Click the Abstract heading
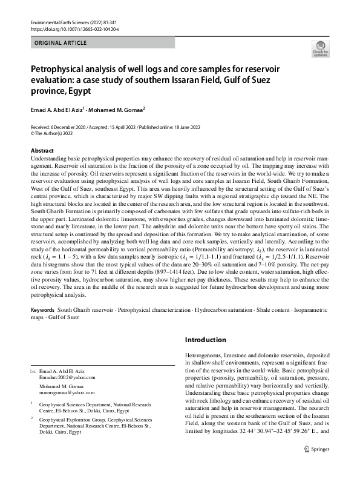(42, 150)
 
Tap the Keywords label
(43, 309)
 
